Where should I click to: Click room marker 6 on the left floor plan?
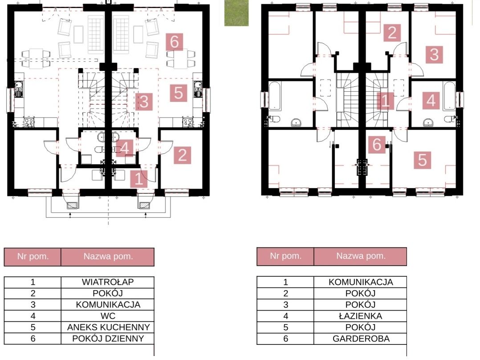point(175,42)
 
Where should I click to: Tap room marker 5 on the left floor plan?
point(179,93)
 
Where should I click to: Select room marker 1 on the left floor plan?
point(138,178)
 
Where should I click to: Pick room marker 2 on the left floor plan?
point(183,155)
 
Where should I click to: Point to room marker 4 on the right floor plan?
point(431,101)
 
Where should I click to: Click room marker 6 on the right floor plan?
point(377,144)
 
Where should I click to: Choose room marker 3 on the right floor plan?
point(434,55)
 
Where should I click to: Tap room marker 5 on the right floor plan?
point(423,160)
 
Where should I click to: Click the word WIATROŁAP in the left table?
point(108,282)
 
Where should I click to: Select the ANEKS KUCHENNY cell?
point(108,327)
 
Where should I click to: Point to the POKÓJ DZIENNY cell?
point(108,339)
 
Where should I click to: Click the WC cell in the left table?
point(108,316)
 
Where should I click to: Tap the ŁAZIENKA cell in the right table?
point(360,316)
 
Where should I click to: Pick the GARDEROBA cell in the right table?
point(360,339)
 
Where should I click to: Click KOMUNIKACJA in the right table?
point(361,282)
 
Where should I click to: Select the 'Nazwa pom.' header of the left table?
point(108,257)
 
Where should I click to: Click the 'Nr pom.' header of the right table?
point(285,256)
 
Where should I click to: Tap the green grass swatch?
point(236,13)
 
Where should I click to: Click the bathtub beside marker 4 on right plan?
point(449,96)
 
